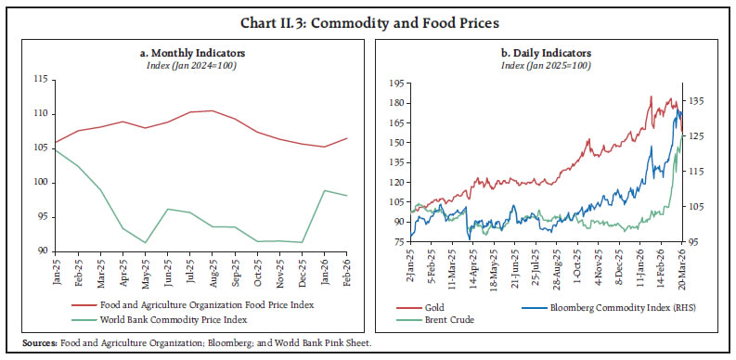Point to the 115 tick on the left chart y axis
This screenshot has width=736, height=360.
pos(42,80)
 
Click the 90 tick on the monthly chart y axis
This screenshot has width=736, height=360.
pos(44,251)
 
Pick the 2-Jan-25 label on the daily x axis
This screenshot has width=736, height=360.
pos(408,271)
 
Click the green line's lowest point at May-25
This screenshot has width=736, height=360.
pos(145,243)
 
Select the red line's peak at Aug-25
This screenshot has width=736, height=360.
pos(212,110)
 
